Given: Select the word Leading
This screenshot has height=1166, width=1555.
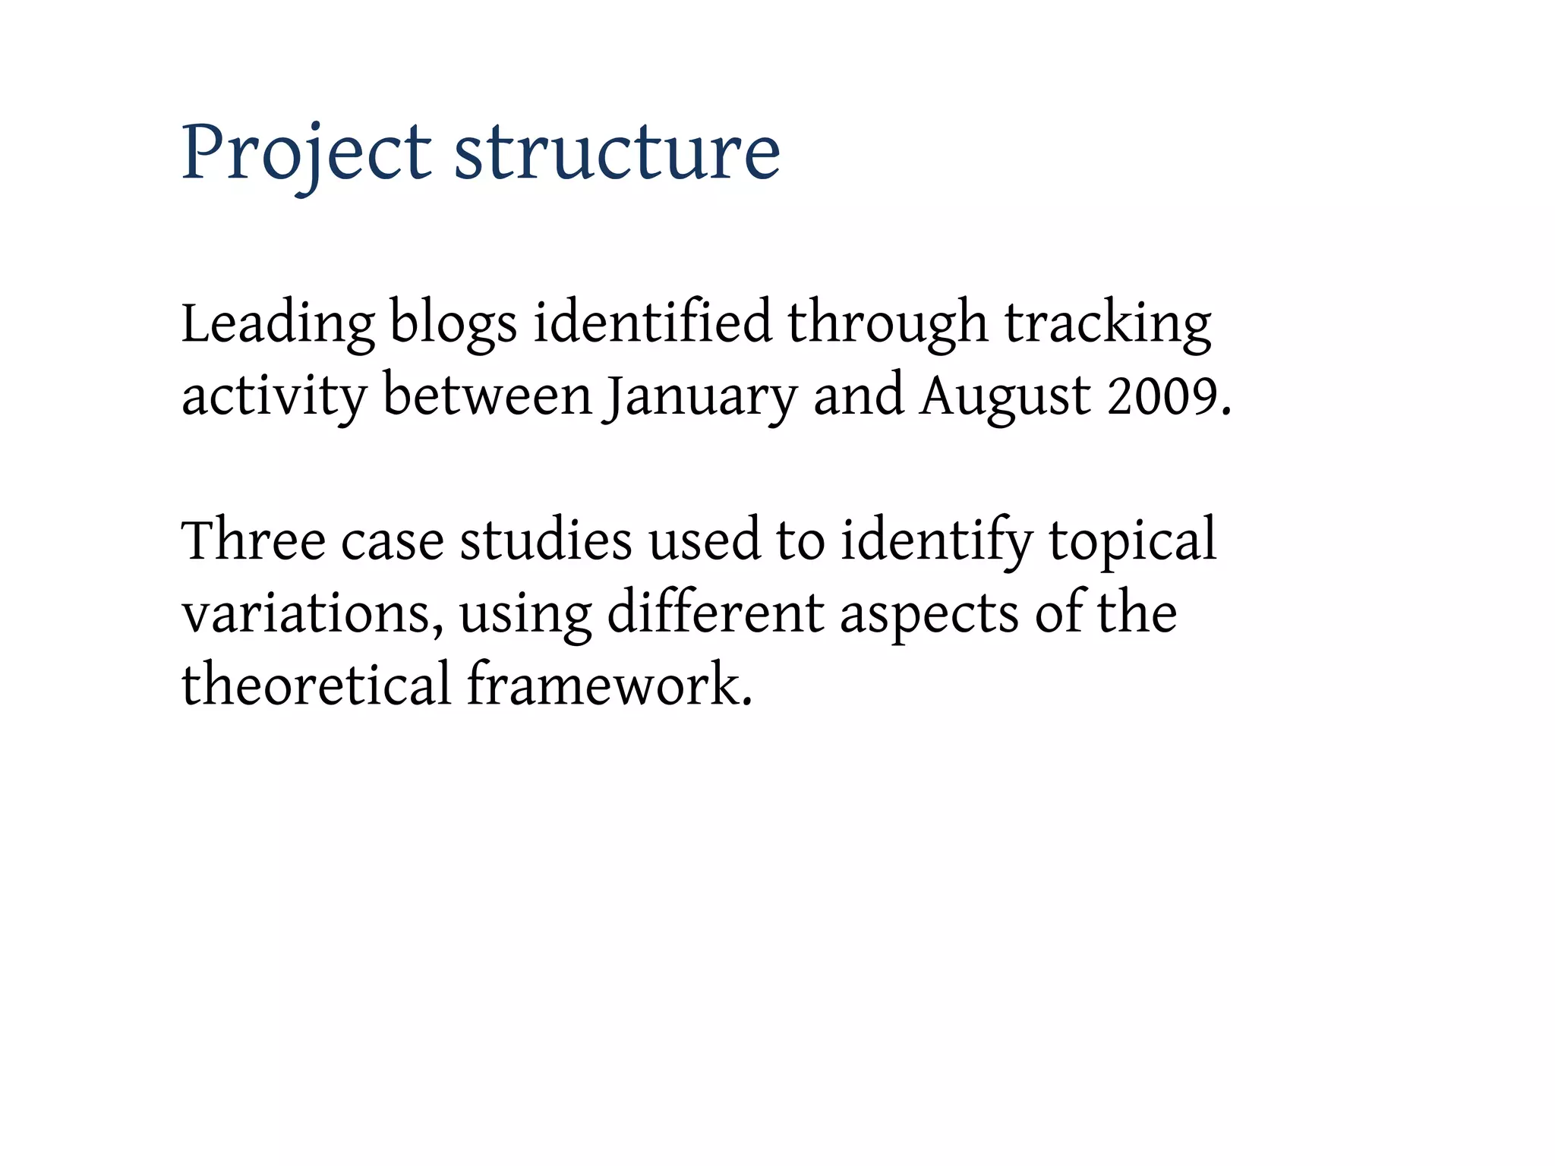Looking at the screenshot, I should [x=277, y=324].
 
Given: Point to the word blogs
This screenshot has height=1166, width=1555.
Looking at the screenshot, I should [x=453, y=324].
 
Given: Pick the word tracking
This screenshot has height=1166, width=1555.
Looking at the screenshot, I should [x=1108, y=324].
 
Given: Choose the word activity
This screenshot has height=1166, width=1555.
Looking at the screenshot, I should [x=273, y=396].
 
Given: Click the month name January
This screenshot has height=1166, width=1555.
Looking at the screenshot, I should [x=699, y=396].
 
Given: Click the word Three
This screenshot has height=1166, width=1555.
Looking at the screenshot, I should [x=254, y=540].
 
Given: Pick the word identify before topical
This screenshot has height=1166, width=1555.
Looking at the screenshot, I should [x=936, y=540].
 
